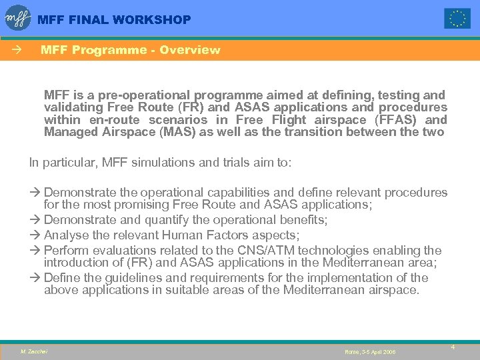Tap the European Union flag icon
pos(457,19)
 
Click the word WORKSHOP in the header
pos(153,20)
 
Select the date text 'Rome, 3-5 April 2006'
pos(370,351)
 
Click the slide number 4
pos(453,347)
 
